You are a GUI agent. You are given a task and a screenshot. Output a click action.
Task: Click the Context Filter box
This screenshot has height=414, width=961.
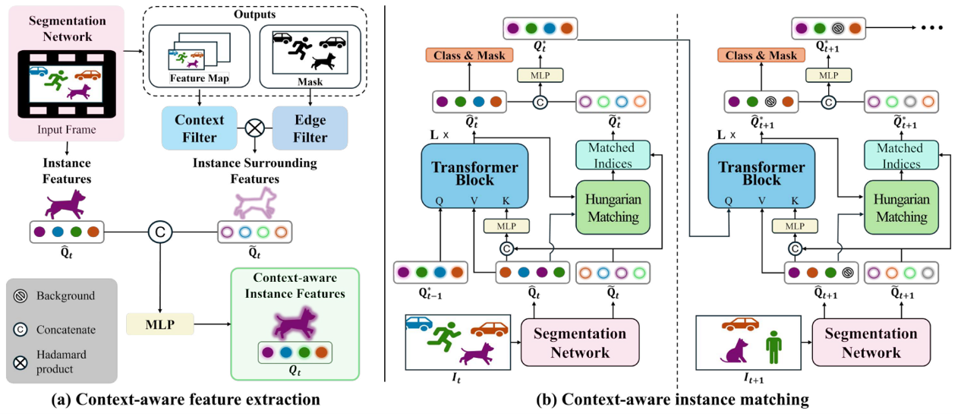pos(200,128)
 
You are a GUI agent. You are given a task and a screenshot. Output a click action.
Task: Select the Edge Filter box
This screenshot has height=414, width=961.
pos(309,128)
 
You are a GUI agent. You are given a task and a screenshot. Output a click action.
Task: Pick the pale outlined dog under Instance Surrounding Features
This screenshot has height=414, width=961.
pos(254,203)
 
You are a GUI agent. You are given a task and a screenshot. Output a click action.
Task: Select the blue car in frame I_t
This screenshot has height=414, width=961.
pos(418,323)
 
